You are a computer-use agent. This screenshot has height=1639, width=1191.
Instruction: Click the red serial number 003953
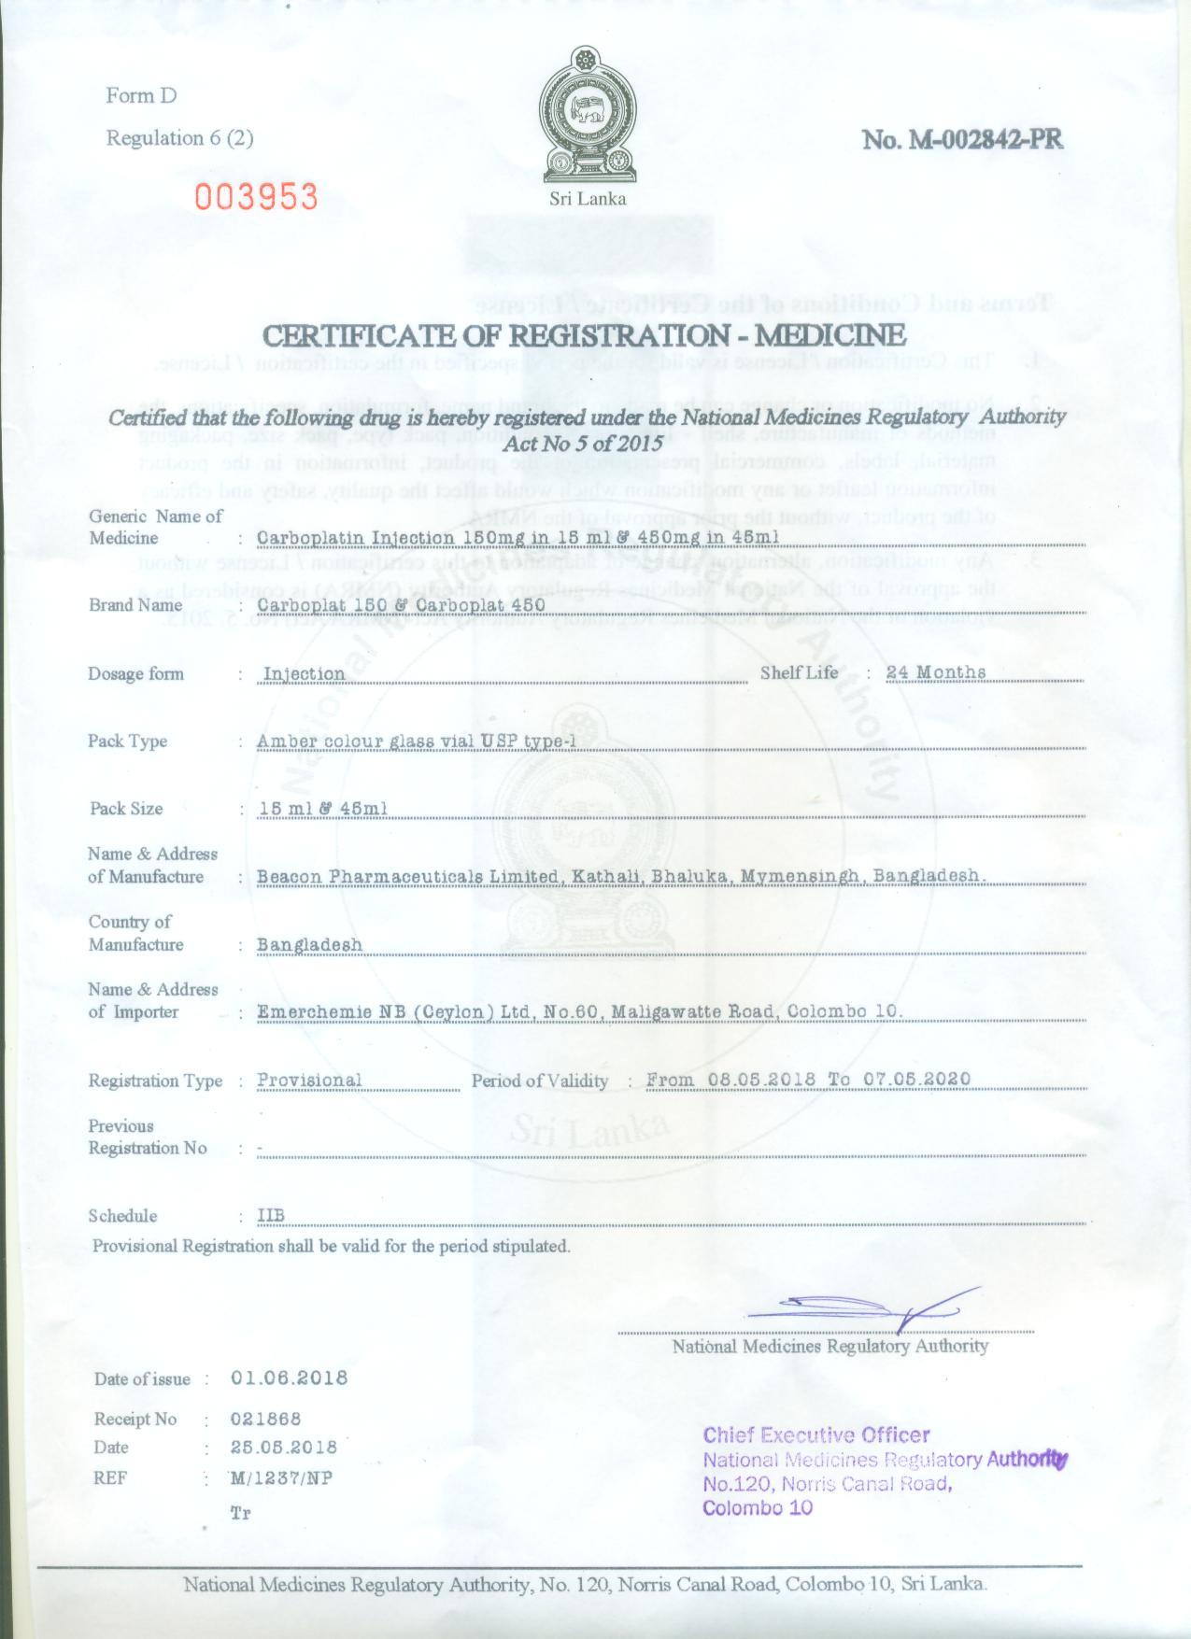256,197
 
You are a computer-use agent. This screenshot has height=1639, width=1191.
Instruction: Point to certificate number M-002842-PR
962,139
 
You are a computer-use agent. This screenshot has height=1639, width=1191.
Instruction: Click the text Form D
141,95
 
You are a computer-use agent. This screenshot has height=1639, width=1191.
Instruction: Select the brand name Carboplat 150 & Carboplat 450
401,604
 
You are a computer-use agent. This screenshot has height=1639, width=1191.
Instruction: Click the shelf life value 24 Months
936,672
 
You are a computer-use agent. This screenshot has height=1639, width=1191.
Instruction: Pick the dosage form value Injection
304,673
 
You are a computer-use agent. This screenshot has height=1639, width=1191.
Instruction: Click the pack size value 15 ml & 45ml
322,808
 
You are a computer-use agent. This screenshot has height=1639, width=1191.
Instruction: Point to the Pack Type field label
127,741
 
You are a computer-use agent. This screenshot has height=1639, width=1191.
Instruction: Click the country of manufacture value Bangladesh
309,944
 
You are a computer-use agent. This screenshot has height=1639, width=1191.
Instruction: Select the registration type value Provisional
309,1081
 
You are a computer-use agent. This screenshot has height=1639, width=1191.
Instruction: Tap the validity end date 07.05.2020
917,1080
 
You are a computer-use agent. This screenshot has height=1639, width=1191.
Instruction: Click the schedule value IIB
270,1215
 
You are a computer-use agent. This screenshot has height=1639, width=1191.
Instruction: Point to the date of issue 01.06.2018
289,1378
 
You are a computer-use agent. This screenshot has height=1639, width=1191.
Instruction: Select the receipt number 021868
265,1419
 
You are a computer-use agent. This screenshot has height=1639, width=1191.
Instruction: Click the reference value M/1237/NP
280,1478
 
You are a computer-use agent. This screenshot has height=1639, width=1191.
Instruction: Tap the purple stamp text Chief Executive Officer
815,1435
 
